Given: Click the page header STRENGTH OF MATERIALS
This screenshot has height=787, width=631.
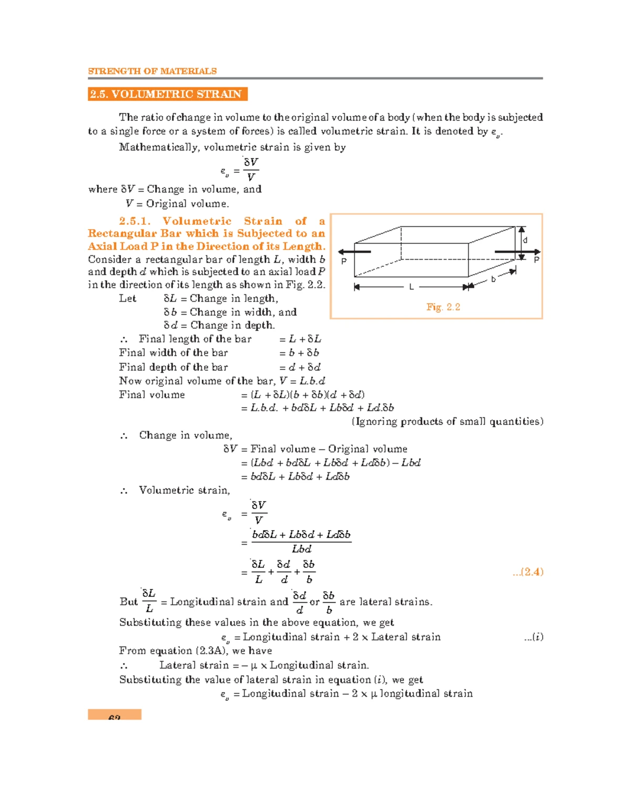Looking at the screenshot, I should point(152,71).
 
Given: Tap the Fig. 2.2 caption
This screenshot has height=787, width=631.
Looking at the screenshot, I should point(443,307).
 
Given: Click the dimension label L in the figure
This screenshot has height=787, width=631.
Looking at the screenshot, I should point(411,287).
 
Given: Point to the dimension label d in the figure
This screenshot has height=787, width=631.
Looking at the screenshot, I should point(525,240).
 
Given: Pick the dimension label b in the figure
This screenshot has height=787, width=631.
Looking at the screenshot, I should point(493,279).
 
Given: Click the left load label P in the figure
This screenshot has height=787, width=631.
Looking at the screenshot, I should point(344,261).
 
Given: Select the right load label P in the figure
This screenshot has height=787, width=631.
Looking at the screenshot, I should point(536,260).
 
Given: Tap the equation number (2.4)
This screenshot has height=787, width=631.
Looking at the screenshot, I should point(528,572).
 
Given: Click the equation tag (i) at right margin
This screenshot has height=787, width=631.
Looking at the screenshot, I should point(534,637).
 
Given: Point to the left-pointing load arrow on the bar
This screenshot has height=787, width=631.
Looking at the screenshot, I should point(354,252).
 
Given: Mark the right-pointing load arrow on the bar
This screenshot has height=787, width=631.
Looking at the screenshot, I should point(517,252).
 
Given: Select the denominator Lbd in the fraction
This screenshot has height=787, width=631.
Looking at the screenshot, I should point(301,549).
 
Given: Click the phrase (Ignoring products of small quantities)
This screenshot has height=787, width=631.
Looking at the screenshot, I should point(447,421).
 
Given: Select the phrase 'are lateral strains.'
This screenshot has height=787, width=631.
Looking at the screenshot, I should point(386,602).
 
